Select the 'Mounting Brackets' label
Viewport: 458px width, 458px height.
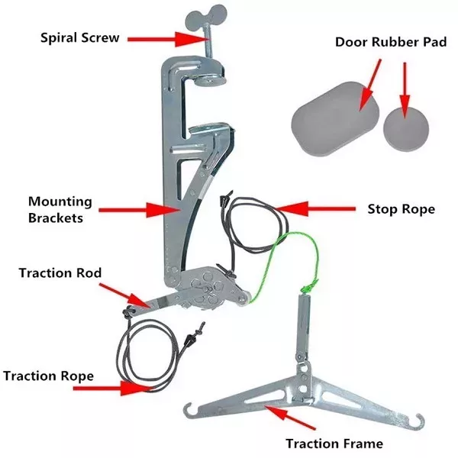[x=60, y=209]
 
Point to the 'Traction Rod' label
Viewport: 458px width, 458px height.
[x=60, y=272]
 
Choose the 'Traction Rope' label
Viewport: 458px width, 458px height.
[x=49, y=376]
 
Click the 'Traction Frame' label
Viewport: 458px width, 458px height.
[x=334, y=443]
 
